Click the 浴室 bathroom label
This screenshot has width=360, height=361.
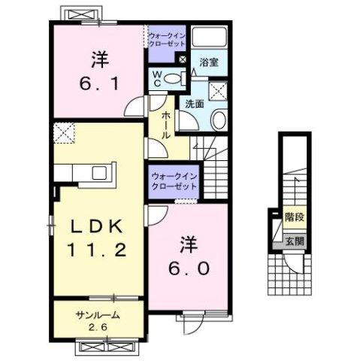(x=210, y=64)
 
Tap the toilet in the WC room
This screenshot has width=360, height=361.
(x=174, y=77)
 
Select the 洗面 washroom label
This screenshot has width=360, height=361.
(x=195, y=105)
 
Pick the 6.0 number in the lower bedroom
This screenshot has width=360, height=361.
(x=187, y=266)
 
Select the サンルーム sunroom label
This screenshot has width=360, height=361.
(x=97, y=315)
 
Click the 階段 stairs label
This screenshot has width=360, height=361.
(x=295, y=217)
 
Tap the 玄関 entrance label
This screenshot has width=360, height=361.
(x=294, y=241)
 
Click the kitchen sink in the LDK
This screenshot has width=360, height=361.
(x=99, y=173)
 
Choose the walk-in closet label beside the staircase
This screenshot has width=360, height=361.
(x=174, y=180)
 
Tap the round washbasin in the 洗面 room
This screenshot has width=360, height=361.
(x=219, y=119)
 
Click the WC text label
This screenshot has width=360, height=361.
(x=158, y=77)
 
